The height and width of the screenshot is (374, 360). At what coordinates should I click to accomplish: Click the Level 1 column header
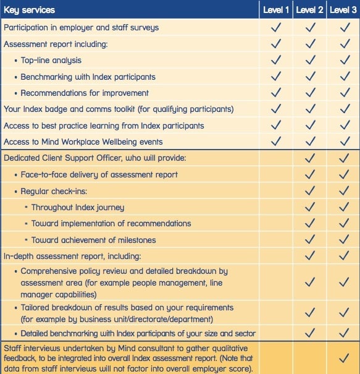tap(276, 10)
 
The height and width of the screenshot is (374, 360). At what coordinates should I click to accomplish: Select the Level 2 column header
tap(309, 10)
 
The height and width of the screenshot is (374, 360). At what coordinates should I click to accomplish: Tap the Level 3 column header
tap(343, 10)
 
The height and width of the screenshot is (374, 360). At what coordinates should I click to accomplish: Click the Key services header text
tap(29, 11)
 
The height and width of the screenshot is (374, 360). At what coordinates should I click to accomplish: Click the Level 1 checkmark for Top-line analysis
tap(276, 60)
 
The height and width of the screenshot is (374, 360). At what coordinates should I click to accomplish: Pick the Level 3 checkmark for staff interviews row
tap(344, 358)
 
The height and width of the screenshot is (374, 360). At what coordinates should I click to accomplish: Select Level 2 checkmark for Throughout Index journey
tap(310, 207)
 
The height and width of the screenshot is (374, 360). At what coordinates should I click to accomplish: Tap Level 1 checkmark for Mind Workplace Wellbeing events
tap(276, 141)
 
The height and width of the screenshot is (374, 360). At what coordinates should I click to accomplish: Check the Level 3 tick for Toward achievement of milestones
tap(344, 239)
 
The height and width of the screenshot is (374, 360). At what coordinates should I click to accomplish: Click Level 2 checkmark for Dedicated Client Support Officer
tap(310, 158)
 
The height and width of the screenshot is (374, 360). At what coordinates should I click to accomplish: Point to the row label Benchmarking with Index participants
tap(88, 77)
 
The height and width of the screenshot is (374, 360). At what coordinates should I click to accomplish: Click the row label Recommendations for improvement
tap(85, 93)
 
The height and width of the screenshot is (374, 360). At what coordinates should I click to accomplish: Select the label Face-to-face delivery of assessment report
tap(99, 174)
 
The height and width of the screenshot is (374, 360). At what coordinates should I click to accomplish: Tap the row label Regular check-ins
tap(54, 191)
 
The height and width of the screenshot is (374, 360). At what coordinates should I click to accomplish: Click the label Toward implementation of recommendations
tap(111, 224)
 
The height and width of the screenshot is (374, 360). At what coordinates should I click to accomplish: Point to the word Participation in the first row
tap(26, 28)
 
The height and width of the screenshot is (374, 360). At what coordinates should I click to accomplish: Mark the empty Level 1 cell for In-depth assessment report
tap(276, 256)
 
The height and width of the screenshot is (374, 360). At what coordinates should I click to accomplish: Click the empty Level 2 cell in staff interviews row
tap(309, 358)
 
